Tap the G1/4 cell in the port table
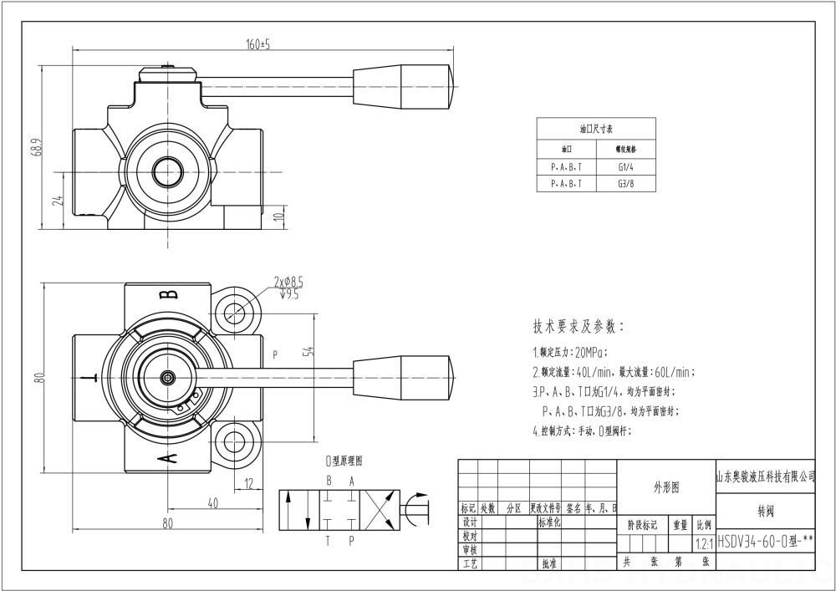[625, 166]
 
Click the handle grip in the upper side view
[405, 81]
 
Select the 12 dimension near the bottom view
[248, 482]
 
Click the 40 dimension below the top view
[212, 502]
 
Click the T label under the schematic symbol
[328, 541]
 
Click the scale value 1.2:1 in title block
[704, 542]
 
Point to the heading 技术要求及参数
[579, 326]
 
